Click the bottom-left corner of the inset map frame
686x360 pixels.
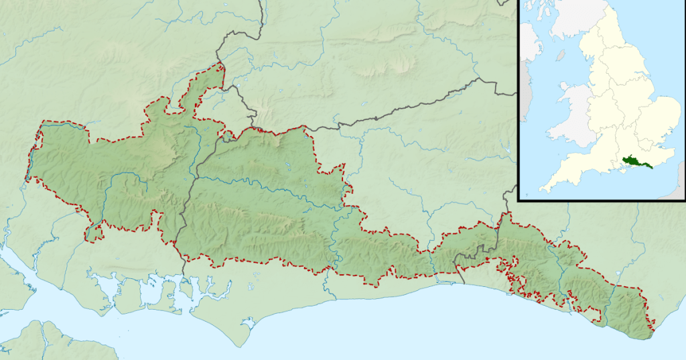[x=519, y=199]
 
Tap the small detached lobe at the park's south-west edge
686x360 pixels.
[x=94, y=232]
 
